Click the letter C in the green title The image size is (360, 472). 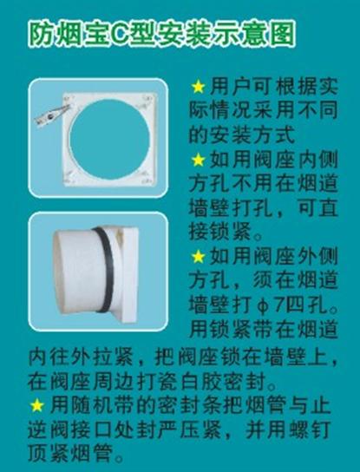(x=121, y=35)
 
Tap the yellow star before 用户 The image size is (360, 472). (x=199, y=87)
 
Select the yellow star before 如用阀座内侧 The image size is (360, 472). (x=199, y=160)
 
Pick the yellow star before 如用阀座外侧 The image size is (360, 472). (x=199, y=257)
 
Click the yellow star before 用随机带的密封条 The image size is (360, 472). (x=37, y=405)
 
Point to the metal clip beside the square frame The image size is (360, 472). (x=52, y=115)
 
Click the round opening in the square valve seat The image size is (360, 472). (x=110, y=139)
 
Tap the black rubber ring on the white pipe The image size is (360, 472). (x=105, y=269)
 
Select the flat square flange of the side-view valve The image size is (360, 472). (x=130, y=274)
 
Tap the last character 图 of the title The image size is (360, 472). (x=282, y=35)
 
